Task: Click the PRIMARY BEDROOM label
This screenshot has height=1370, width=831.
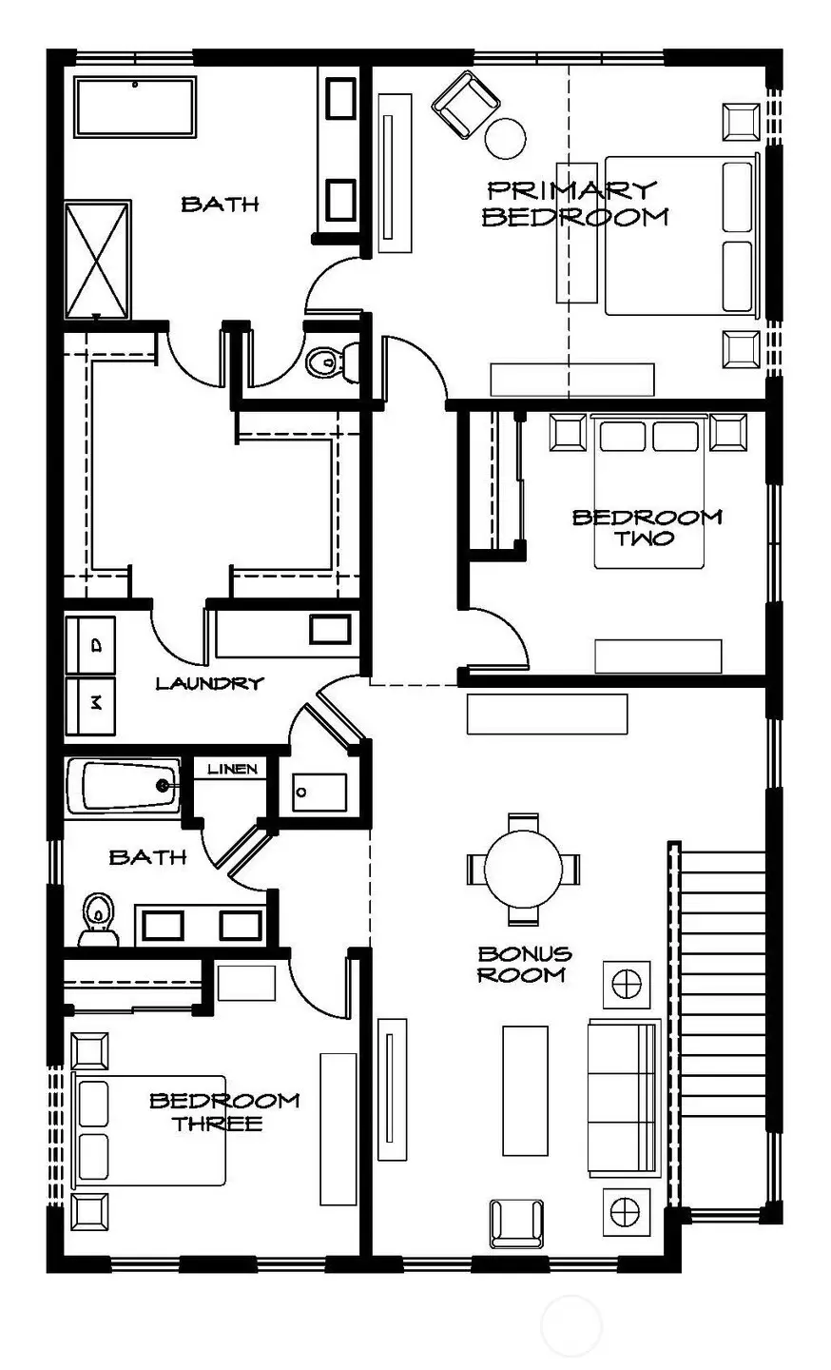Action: pyautogui.click(x=574, y=204)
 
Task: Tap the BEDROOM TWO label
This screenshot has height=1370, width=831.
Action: pyautogui.click(x=647, y=527)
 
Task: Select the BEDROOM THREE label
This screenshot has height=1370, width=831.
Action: pyautogui.click(x=224, y=1111)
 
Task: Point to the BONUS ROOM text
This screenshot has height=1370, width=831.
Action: pyautogui.click(x=524, y=964)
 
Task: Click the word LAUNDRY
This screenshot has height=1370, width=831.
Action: pyautogui.click(x=208, y=683)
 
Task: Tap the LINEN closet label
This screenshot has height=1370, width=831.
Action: pyautogui.click(x=232, y=769)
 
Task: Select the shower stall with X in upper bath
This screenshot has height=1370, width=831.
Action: pyautogui.click(x=97, y=260)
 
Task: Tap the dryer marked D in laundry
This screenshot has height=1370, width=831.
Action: pyautogui.click(x=90, y=645)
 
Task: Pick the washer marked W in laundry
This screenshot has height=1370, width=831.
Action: pyautogui.click(x=90, y=705)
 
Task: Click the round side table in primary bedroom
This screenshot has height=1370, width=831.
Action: pyautogui.click(x=506, y=139)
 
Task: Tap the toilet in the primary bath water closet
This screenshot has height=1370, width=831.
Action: pyautogui.click(x=331, y=360)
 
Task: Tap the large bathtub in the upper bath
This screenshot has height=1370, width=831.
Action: pyautogui.click(x=135, y=108)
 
